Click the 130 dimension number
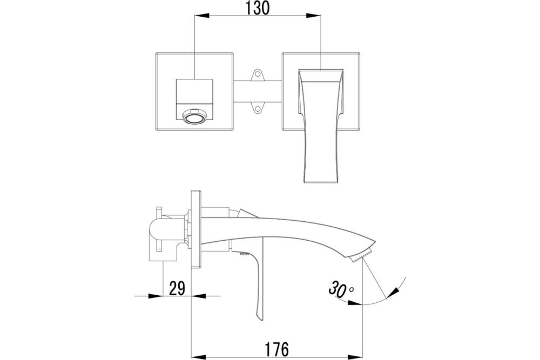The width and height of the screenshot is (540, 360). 257,8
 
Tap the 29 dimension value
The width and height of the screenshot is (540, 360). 177,288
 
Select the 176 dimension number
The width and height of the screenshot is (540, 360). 276,349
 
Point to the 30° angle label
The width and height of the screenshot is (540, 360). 341,289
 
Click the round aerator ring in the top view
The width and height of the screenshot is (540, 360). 194,118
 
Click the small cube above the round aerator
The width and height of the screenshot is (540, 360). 194,91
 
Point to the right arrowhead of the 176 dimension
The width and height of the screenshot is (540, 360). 355,357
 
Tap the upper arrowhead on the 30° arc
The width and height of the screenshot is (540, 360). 393,293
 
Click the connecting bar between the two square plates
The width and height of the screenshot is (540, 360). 258,91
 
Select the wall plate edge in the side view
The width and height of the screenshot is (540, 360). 196,229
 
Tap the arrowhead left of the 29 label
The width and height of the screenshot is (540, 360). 156,296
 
